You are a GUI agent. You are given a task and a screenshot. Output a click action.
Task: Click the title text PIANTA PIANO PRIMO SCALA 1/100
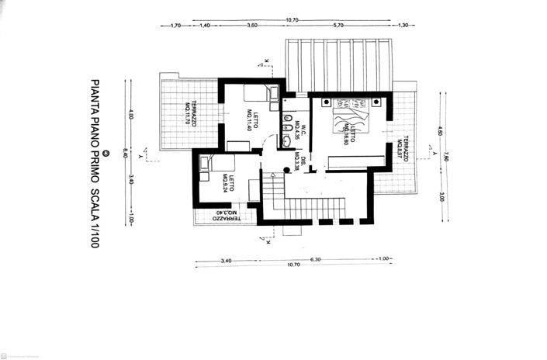(95, 163)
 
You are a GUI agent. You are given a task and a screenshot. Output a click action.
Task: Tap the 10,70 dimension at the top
(292, 19)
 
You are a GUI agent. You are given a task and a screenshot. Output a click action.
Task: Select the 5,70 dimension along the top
(338, 26)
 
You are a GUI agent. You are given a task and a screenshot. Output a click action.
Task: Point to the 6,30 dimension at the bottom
(316, 259)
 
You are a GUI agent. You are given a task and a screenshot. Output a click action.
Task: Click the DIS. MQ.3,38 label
(301, 161)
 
